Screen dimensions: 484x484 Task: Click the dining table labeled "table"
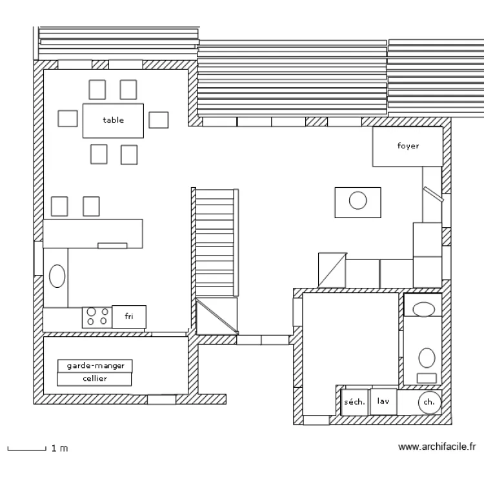point(113,120)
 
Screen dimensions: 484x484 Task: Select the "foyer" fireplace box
point(408,146)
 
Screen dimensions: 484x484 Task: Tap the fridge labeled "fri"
point(130,316)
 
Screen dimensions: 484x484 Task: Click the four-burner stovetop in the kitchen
point(97,316)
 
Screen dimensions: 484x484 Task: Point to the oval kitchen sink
point(57,276)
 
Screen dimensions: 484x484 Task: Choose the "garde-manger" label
point(96,366)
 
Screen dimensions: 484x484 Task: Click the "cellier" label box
point(96,379)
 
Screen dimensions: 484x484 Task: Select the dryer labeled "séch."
point(354,402)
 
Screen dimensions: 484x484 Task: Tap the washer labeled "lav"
point(384,401)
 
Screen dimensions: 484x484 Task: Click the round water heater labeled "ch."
point(429,402)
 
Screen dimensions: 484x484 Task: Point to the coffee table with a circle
point(358,201)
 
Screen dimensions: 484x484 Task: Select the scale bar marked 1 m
point(26,448)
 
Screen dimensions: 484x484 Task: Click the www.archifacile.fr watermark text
point(437,446)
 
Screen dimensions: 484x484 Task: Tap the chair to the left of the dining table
point(68,119)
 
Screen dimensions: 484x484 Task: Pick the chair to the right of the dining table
point(158,120)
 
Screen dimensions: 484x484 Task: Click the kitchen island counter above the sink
point(92,233)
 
